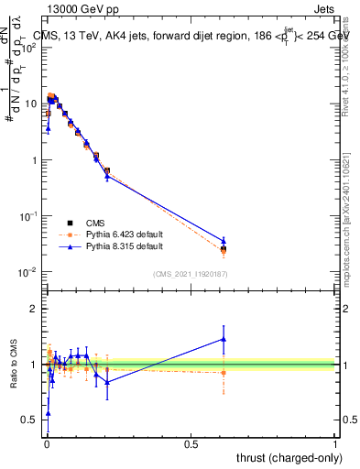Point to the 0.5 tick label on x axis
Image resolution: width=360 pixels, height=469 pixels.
191,443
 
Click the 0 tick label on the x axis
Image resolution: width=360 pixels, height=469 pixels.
46,443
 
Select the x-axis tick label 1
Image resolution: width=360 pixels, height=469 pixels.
335,443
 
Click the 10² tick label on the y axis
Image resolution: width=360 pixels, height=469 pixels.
29,47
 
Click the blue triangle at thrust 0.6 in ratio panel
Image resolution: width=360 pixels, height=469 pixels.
223,339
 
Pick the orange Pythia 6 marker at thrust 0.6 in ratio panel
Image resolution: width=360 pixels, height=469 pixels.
223,372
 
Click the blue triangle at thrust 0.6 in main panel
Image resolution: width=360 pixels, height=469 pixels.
223,241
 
